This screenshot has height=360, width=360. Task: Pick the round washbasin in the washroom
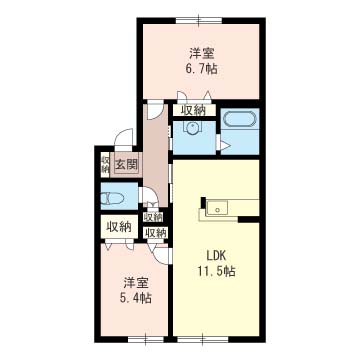click(x=191, y=127)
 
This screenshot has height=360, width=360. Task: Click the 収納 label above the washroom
click(x=193, y=109)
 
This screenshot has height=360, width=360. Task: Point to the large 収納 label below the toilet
click(x=119, y=226)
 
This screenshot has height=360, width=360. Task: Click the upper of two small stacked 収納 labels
click(x=153, y=217)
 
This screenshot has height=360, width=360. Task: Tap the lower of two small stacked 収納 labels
click(x=154, y=233)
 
